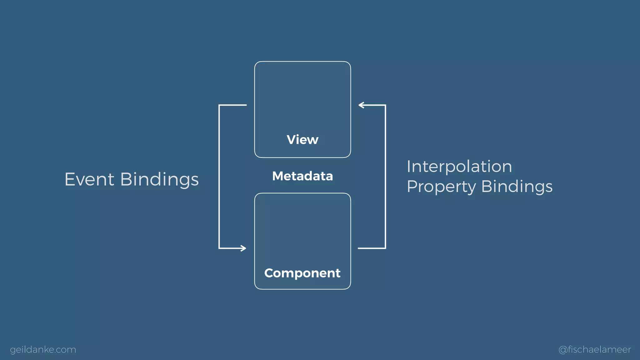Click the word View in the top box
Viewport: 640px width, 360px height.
pyautogui.click(x=302, y=140)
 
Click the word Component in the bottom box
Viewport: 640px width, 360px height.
pyautogui.click(x=302, y=273)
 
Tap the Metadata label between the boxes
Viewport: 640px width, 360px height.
pyautogui.click(x=302, y=176)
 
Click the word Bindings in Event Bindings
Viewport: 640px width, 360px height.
pyautogui.click(x=159, y=180)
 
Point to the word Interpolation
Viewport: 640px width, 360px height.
pyautogui.click(x=459, y=166)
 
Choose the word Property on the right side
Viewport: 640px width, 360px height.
pyautogui.click(x=442, y=187)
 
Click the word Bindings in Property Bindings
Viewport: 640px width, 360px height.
pyautogui.click(x=517, y=187)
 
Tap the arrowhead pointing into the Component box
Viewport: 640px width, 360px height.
pyautogui.click(x=243, y=248)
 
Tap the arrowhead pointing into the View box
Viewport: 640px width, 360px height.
pyautogui.click(x=361, y=105)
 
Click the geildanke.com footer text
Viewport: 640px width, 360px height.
pyautogui.click(x=43, y=349)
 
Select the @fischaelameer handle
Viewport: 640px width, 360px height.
pyautogui.click(x=595, y=349)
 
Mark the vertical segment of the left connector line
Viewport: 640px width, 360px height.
pyautogui.click(x=219, y=177)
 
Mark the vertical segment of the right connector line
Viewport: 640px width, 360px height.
pyautogui.click(x=385, y=177)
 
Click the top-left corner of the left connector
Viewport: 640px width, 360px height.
pyautogui.click(x=219, y=105)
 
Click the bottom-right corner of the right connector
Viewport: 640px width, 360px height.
pyautogui.click(x=385, y=248)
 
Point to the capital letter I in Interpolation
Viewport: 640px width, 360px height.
pyautogui.click(x=409, y=166)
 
